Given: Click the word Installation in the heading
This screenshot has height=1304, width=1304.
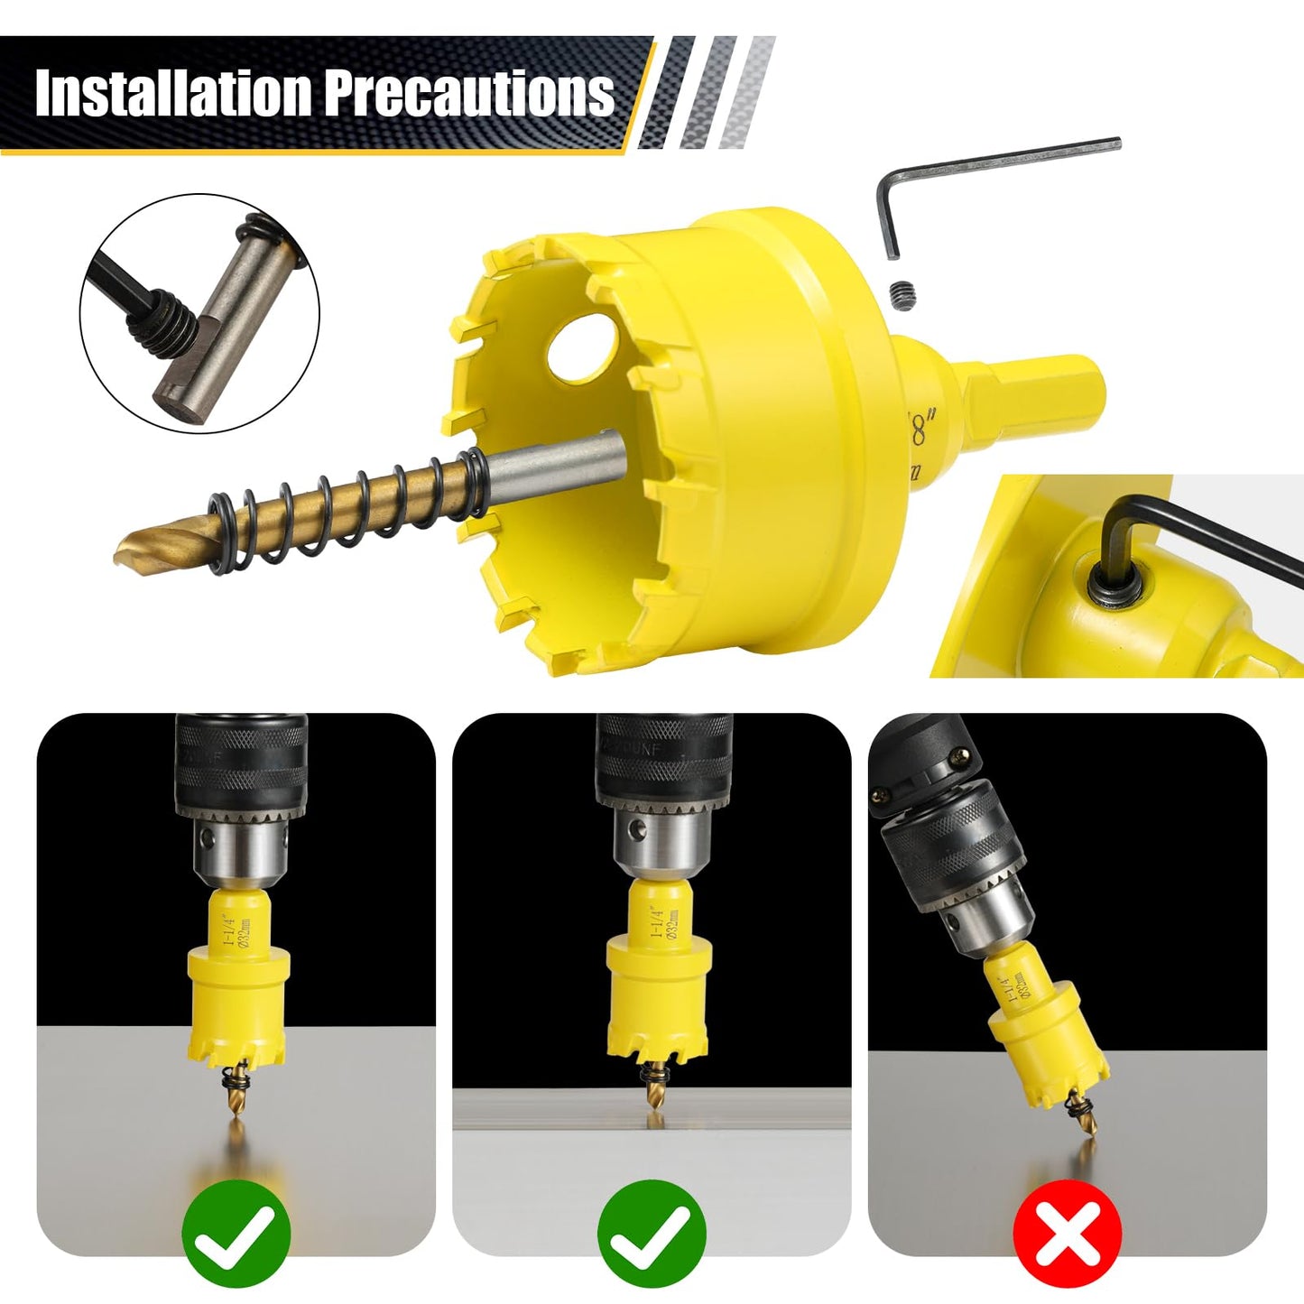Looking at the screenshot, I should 173,92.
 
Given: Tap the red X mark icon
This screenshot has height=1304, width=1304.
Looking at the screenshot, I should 1067,1234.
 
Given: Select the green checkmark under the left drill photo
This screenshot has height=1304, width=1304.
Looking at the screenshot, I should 236,1234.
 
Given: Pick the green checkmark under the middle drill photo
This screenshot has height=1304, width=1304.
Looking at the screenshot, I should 652,1234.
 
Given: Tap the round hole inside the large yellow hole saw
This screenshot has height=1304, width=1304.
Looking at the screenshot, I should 583,347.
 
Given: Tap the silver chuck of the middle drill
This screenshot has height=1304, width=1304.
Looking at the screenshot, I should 656,848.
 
